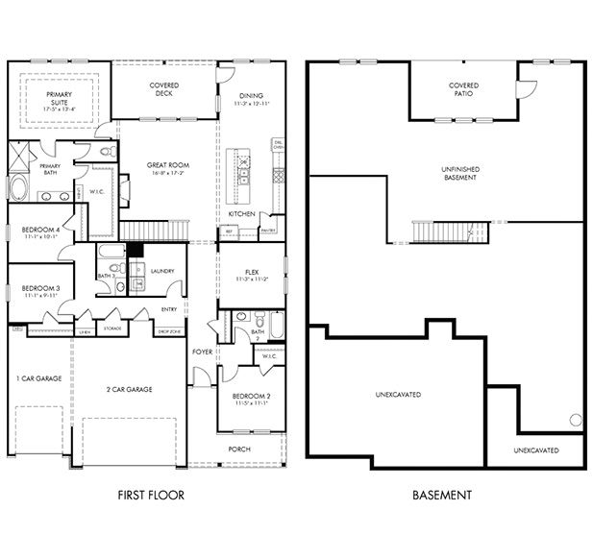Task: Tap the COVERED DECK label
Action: tap(164, 90)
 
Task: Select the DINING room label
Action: tap(251, 96)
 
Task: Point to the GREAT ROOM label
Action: tap(167, 165)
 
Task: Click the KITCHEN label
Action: tap(241, 213)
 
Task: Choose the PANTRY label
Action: tap(268, 231)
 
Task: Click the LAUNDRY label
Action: tap(162, 272)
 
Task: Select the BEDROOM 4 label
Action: tap(41, 231)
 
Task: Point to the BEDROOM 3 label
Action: tap(41, 289)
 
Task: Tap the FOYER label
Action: tap(202, 352)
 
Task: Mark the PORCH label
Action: tap(238, 450)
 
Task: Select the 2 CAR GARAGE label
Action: tap(129, 389)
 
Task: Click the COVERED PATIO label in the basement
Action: tap(463, 90)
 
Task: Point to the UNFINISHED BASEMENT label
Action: tap(459, 173)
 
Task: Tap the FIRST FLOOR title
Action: tap(151, 496)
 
